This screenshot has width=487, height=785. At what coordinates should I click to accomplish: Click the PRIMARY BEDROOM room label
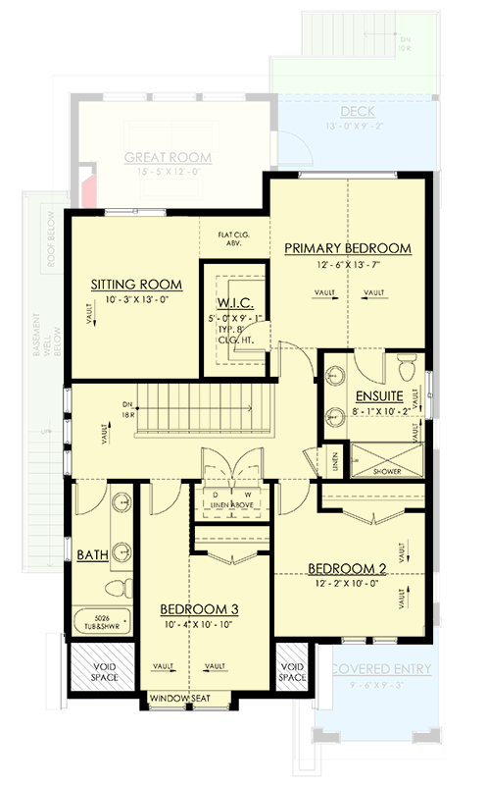(347, 248)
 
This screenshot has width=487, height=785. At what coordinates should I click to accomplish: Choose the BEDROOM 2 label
(349, 568)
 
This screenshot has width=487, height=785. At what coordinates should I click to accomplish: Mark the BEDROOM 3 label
(201, 608)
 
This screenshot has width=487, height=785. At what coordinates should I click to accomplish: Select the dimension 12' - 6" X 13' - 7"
(347, 264)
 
